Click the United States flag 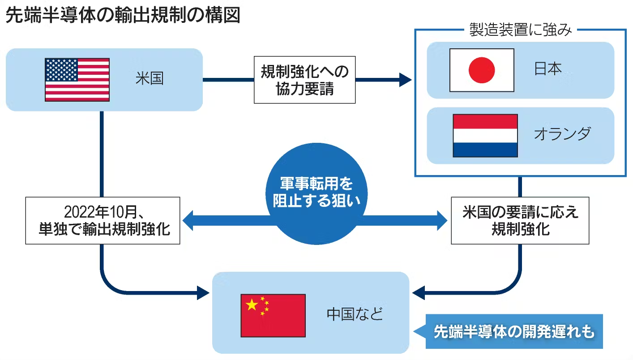click(77, 79)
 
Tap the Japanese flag click(482, 70)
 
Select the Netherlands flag click(485, 135)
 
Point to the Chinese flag click(273, 315)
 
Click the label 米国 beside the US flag click(150, 79)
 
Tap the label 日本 click(548, 69)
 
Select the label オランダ click(562, 134)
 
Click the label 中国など click(355, 314)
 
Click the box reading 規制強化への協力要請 click(304, 80)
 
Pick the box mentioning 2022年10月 click(103, 220)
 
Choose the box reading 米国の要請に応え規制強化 click(520, 220)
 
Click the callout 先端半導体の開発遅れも click(514, 332)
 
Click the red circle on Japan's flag click(482, 70)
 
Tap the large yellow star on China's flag click(252, 305)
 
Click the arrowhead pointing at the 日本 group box click(405, 80)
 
